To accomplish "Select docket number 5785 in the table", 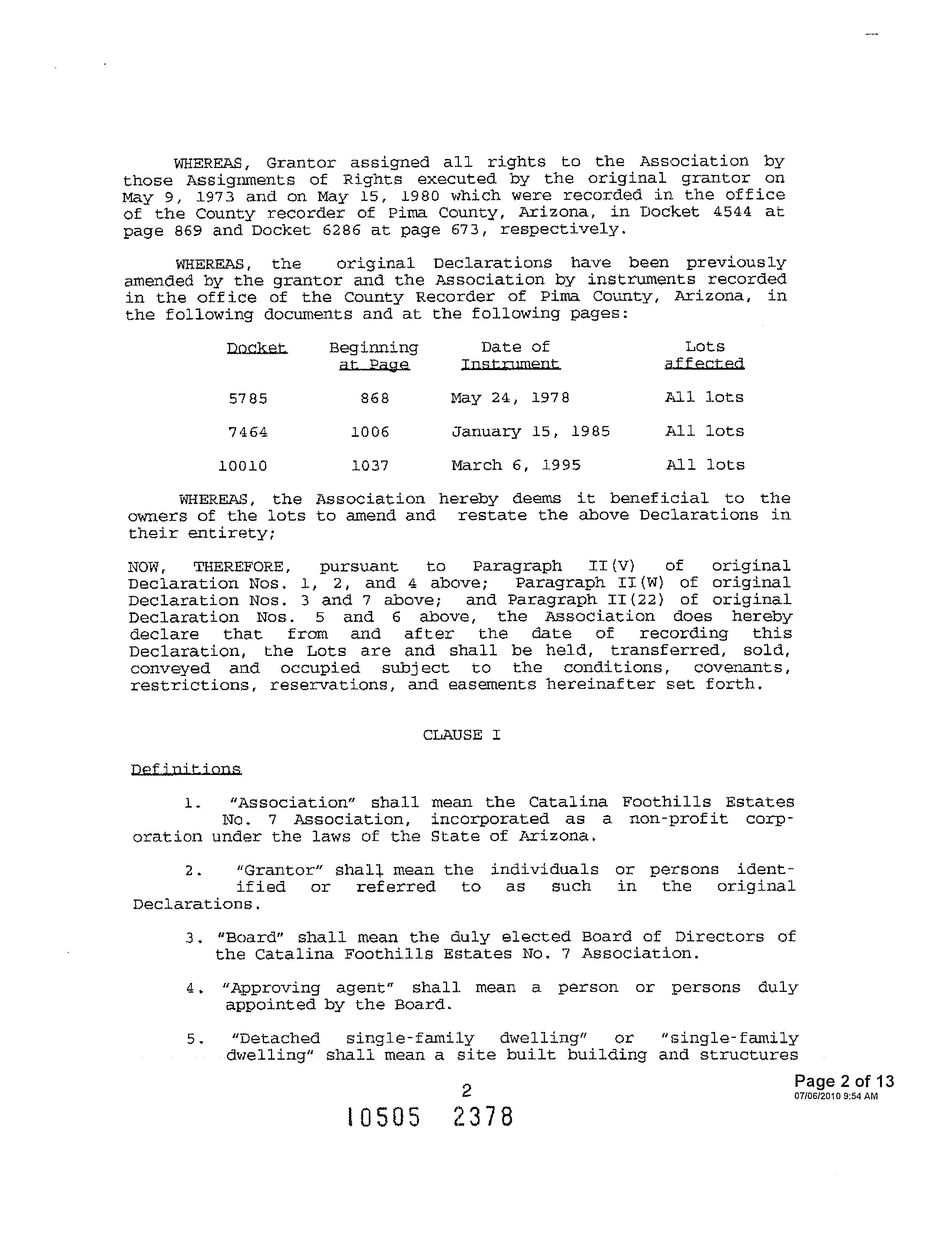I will point(248,399).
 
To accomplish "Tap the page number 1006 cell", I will point(370,432).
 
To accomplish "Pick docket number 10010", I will point(243,466).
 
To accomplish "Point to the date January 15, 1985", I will point(530,432).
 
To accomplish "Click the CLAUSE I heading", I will point(462,735).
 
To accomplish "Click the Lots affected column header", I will point(704,355).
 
